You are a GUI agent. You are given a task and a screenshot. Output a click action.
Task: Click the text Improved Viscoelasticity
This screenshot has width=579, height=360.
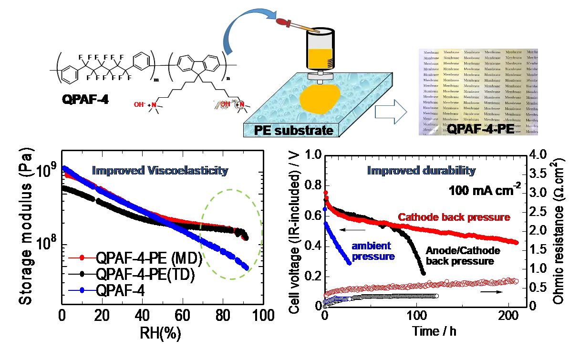[x=160, y=171]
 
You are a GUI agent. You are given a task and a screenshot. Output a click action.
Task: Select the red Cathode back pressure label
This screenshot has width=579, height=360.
[x=454, y=217]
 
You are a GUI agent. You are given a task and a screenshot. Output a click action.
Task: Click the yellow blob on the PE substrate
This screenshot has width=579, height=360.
[x=320, y=100]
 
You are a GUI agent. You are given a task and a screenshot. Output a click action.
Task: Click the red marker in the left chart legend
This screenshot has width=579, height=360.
[x=82, y=257]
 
